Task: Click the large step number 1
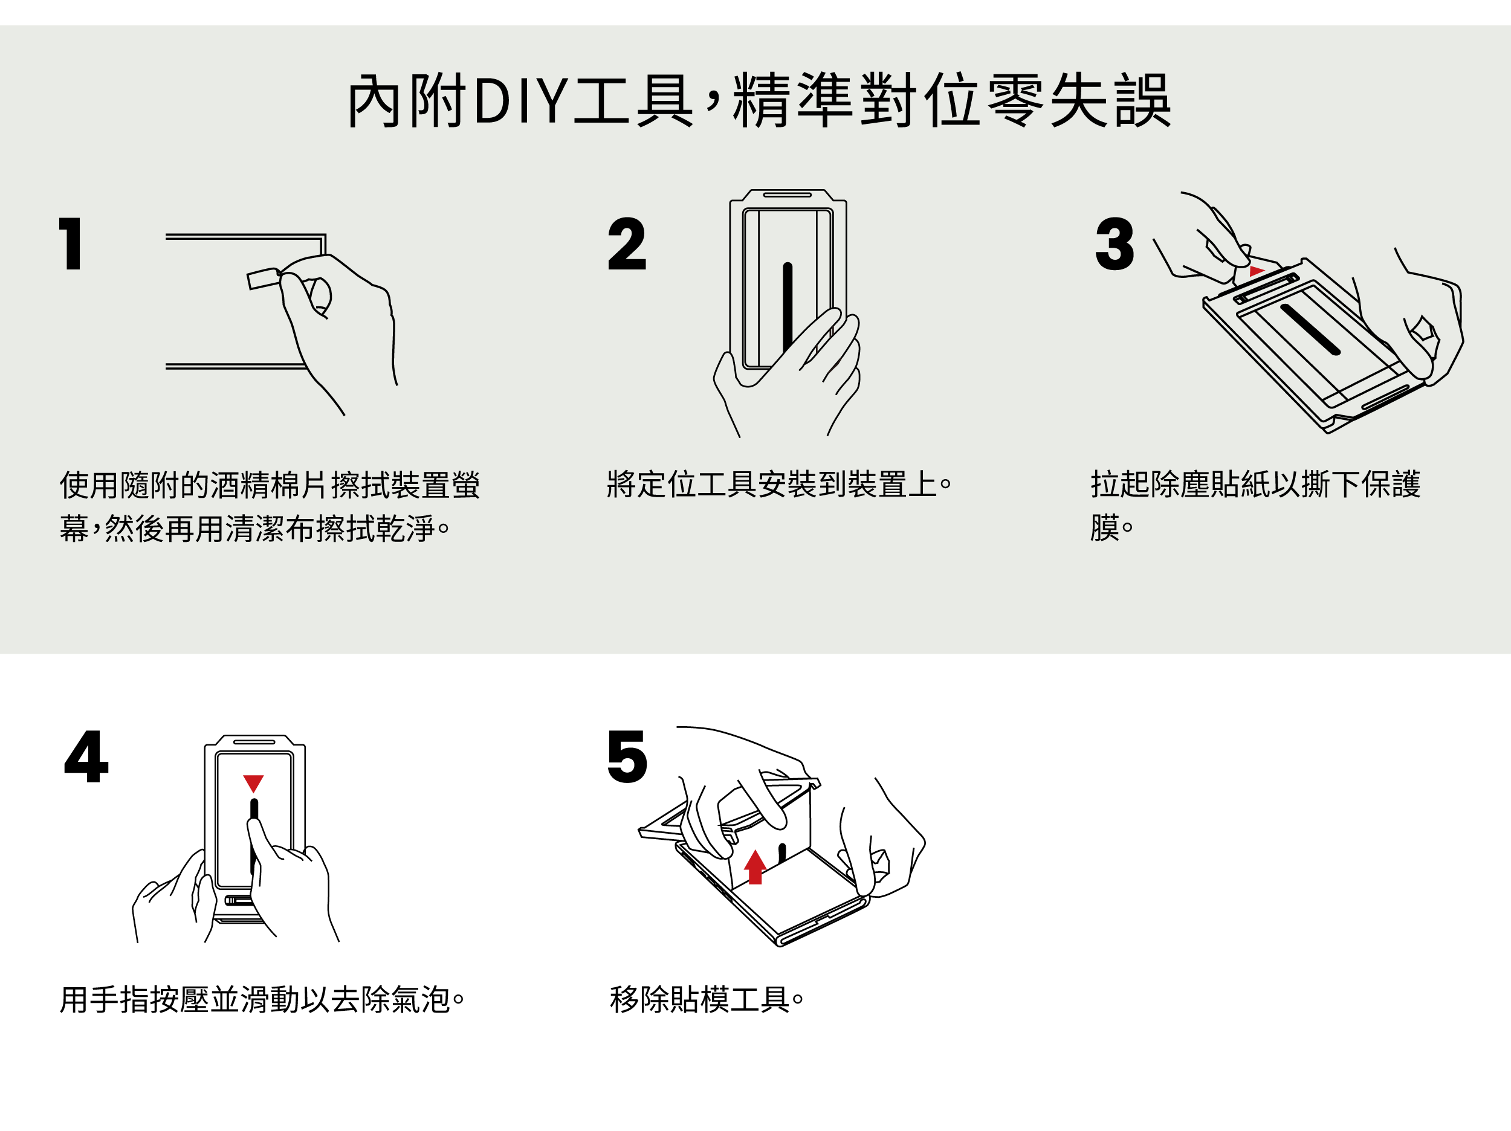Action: [71, 244]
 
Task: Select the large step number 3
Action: [1114, 244]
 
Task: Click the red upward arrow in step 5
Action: [755, 867]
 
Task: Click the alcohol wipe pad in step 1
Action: [264, 279]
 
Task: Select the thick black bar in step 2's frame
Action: [788, 308]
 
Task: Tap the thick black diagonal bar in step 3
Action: [1310, 330]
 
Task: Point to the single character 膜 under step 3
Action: [1105, 527]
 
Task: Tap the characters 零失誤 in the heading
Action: [1079, 101]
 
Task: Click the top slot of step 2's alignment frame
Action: [787, 195]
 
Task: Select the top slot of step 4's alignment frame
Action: [254, 741]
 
